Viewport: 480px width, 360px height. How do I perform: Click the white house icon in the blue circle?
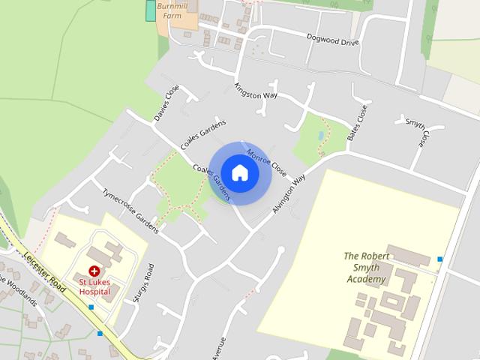[239, 172]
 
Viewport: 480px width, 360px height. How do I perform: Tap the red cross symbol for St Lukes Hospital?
[94, 271]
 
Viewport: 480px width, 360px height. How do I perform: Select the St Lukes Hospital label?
[94, 286]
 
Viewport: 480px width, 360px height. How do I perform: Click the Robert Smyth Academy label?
[367, 267]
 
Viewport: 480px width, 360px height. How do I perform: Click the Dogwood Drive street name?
[333, 39]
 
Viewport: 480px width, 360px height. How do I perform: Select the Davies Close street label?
[166, 103]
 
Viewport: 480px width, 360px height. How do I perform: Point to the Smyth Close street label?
[416, 132]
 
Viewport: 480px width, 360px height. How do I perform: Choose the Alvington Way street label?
[289, 195]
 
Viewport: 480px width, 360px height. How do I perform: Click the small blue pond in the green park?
[321, 136]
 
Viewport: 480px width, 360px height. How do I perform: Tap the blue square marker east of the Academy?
[439, 259]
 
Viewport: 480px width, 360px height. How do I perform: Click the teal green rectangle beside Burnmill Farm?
[151, 10]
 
